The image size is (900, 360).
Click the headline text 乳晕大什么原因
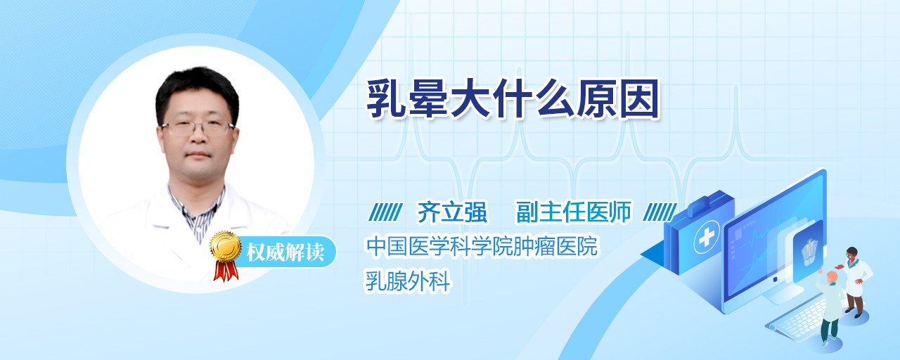[513, 99]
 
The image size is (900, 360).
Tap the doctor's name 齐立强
[452, 212]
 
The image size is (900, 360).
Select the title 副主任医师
[574, 212]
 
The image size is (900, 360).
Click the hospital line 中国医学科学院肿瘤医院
[482, 246]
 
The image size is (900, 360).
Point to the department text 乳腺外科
[407, 281]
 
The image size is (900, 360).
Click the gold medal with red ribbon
[226, 255]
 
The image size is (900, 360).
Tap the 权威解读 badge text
[285, 252]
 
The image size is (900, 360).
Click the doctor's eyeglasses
[198, 128]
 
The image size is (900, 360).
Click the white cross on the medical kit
[707, 237]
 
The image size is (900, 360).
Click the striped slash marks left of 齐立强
[385, 212]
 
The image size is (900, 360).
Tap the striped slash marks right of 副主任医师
[660, 212]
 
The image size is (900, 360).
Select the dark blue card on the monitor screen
[808, 251]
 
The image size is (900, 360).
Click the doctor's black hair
[198, 91]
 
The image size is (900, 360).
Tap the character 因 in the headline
[640, 99]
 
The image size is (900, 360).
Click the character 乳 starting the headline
[387, 99]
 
